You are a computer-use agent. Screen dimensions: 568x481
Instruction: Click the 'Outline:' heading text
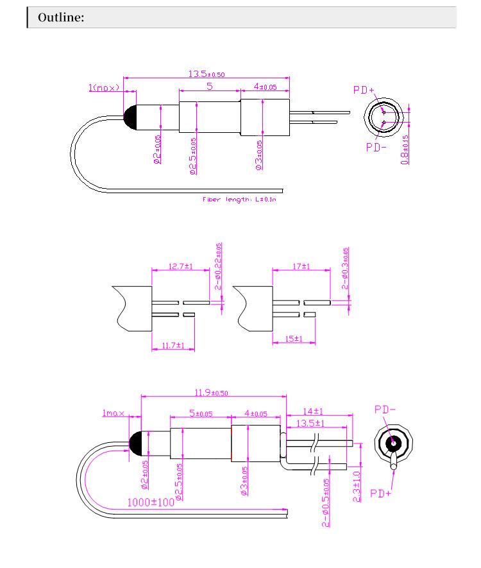[x=61, y=18]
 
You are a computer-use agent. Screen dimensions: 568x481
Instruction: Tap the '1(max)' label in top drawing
[x=104, y=88]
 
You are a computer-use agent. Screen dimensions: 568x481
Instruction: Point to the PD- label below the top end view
[x=376, y=147]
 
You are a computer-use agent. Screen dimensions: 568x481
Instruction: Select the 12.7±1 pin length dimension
[x=180, y=266]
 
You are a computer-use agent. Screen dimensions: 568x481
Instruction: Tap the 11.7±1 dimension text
[x=173, y=345]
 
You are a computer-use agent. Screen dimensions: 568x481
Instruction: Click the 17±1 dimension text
[x=301, y=266]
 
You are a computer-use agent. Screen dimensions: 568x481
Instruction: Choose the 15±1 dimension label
[x=294, y=338]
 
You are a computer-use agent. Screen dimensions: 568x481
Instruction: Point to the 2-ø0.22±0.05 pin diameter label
[x=219, y=266]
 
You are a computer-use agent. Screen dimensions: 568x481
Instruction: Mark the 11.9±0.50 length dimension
[x=212, y=392]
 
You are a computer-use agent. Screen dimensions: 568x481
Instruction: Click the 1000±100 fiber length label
[x=151, y=502]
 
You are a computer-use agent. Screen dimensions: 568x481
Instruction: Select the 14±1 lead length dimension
[x=313, y=411]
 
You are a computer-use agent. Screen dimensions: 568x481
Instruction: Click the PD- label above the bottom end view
[x=384, y=409]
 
